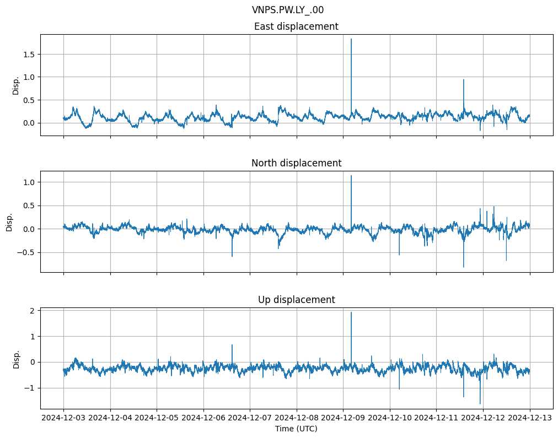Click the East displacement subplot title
[296, 26]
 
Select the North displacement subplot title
[296, 163]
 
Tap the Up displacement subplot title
[296, 300]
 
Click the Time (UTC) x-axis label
[296, 429]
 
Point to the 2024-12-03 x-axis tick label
[63, 418]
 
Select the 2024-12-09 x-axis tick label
[343, 418]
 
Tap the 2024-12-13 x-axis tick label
[530, 418]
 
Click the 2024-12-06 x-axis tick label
[203, 418]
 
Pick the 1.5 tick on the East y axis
[29, 54]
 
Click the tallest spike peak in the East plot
[351, 39]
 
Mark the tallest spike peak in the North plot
[351, 176]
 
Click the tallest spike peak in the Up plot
[351, 312]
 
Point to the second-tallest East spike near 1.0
[464, 80]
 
